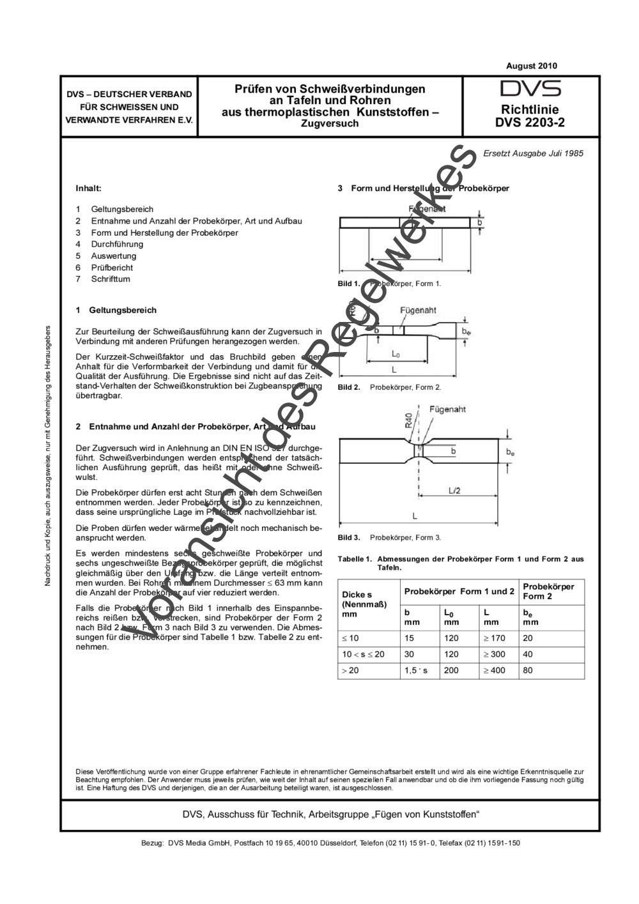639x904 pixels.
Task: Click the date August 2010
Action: (531, 66)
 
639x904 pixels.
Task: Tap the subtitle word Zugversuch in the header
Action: (330, 124)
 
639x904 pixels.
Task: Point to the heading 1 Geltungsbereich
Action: (116, 310)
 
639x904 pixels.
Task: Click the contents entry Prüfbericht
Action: (112, 268)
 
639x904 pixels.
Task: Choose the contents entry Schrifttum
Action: (110, 279)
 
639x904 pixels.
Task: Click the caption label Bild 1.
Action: (349, 284)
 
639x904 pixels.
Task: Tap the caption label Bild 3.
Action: (349, 537)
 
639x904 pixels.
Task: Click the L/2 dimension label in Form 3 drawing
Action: (455, 490)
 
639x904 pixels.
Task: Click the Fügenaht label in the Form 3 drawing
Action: (447, 410)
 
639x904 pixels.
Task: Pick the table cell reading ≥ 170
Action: (494, 638)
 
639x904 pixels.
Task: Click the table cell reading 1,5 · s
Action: (416, 670)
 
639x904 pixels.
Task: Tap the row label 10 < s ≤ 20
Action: (363, 654)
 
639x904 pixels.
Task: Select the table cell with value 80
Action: (528, 670)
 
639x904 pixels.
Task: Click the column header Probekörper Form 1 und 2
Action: (459, 592)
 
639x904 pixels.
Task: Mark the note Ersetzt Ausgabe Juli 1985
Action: (533, 153)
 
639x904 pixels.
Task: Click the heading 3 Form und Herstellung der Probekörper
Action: (423, 188)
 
